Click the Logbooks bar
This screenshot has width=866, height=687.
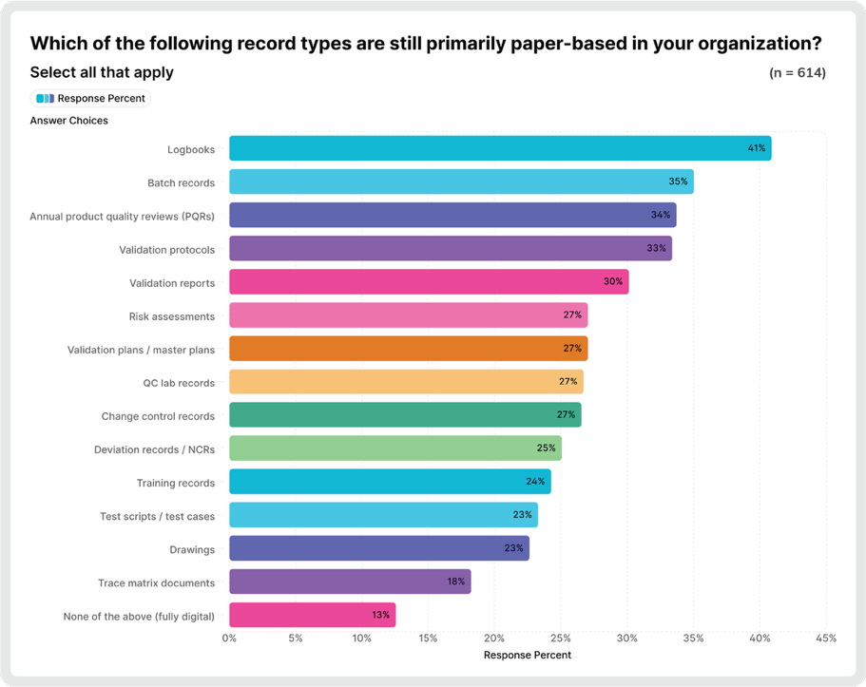499,149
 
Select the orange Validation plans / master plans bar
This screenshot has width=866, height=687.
408,349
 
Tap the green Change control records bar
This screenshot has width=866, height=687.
405,415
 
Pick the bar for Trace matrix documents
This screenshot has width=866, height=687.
350,582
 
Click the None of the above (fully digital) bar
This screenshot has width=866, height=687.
312,616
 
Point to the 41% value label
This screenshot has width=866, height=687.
756,149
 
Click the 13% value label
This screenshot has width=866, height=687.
380,616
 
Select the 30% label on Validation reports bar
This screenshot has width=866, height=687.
613,282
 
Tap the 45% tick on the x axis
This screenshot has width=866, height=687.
825,639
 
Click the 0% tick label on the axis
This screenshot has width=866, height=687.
229,639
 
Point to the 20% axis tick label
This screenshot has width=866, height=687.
494,639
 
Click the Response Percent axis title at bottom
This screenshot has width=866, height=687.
527,656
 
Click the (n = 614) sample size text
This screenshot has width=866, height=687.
797,73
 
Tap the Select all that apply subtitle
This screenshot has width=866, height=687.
102,72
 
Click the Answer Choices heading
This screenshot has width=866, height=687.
68,121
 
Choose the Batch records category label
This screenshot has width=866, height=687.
181,182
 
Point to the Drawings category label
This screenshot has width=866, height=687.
193,549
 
